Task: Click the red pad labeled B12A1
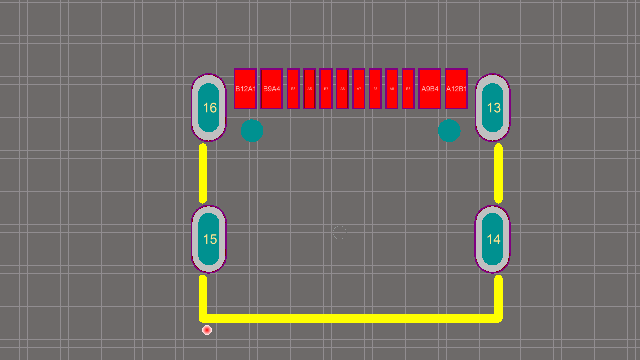(x=245, y=89)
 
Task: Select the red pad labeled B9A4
(x=271, y=89)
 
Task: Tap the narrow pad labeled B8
(x=293, y=89)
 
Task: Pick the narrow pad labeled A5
(x=309, y=89)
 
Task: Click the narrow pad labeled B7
(x=326, y=89)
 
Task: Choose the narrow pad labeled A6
(x=342, y=89)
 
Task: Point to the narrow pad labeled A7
(x=359, y=89)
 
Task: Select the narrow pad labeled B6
(x=375, y=89)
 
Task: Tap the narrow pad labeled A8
(x=392, y=89)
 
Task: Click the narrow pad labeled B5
(x=408, y=89)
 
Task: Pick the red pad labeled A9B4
(x=430, y=89)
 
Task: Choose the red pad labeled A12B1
(x=456, y=89)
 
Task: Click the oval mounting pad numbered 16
(x=209, y=108)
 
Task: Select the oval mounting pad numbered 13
(x=493, y=108)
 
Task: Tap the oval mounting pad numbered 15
(x=209, y=239)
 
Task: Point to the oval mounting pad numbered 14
(x=493, y=239)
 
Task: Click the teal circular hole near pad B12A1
(x=252, y=131)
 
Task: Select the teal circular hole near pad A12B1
(x=449, y=131)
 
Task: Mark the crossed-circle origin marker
(x=340, y=233)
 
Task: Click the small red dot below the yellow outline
(x=207, y=330)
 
